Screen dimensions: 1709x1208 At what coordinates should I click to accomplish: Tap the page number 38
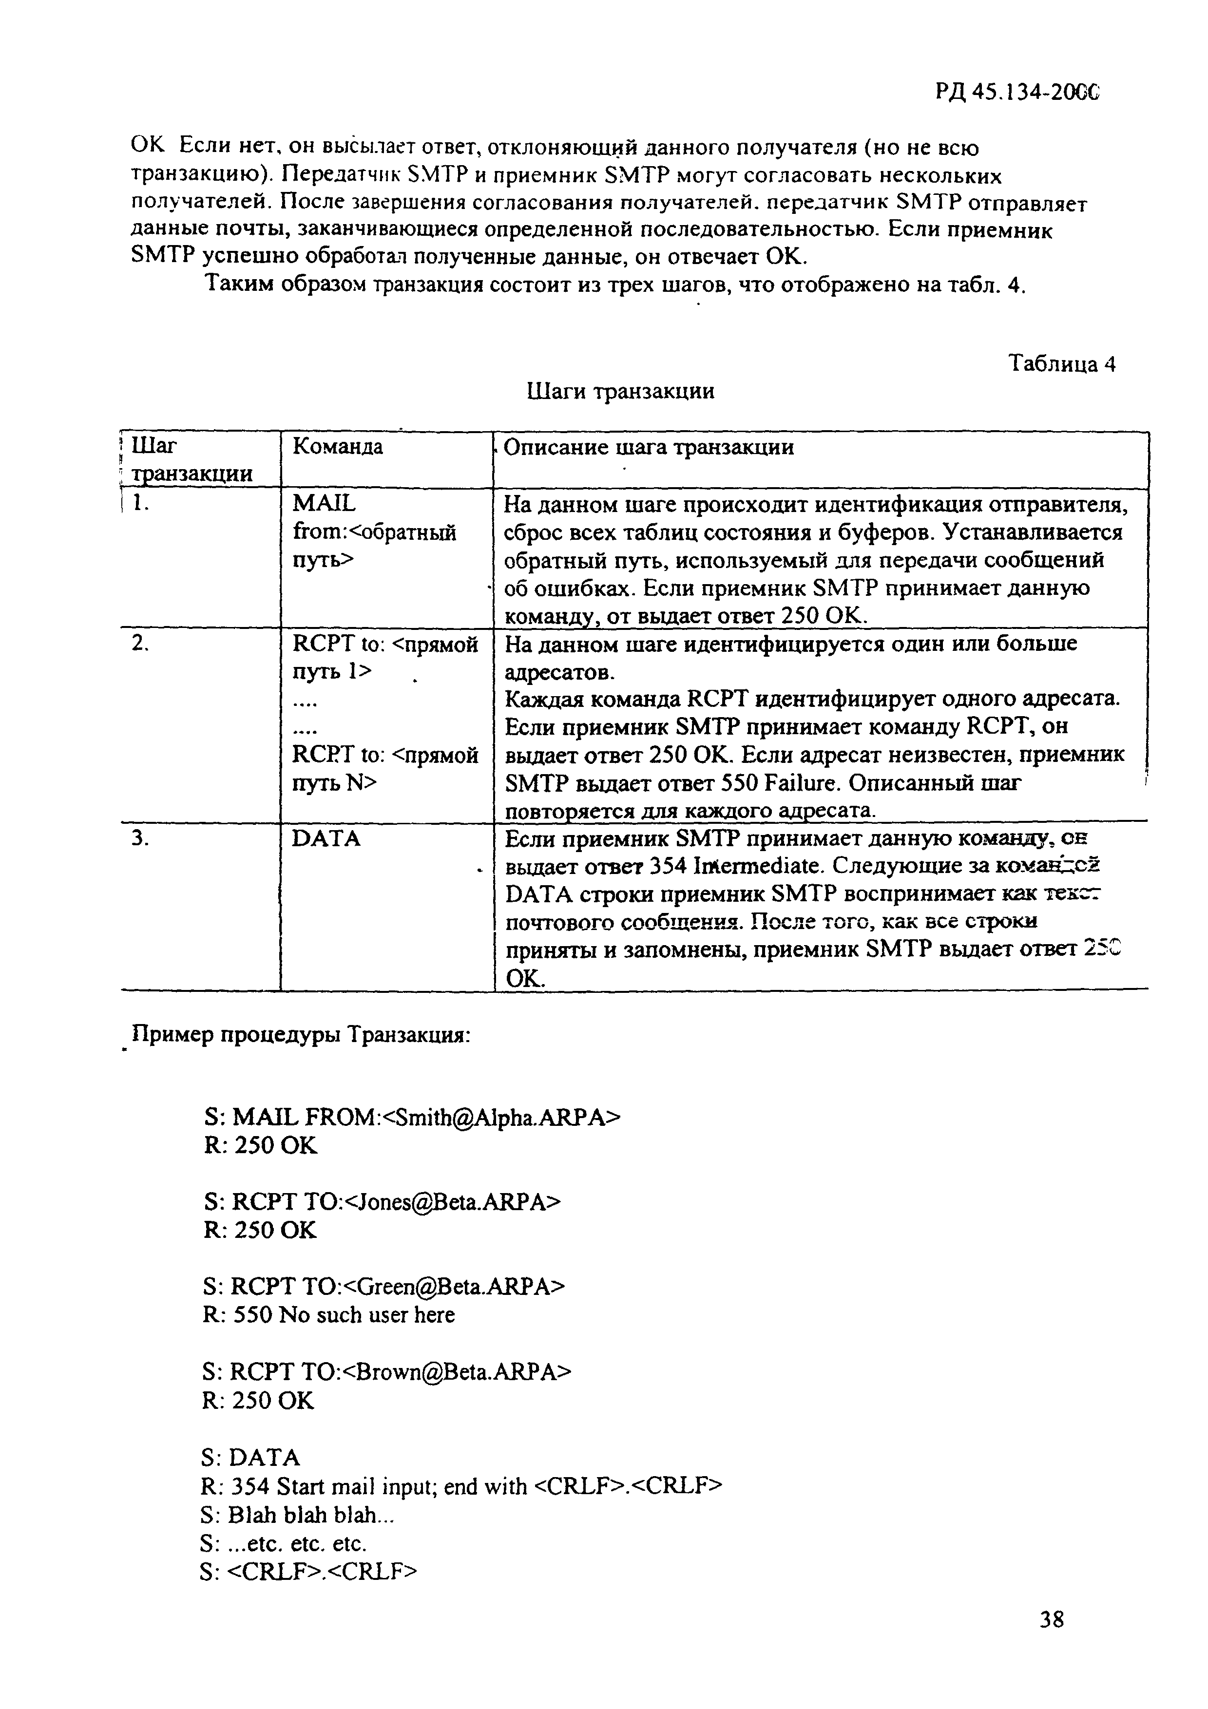(1052, 1640)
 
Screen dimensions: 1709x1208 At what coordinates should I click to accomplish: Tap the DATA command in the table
(327, 839)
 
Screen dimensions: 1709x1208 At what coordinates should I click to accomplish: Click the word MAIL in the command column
(325, 504)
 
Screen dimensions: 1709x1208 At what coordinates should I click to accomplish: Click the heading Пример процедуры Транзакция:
(300, 1035)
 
